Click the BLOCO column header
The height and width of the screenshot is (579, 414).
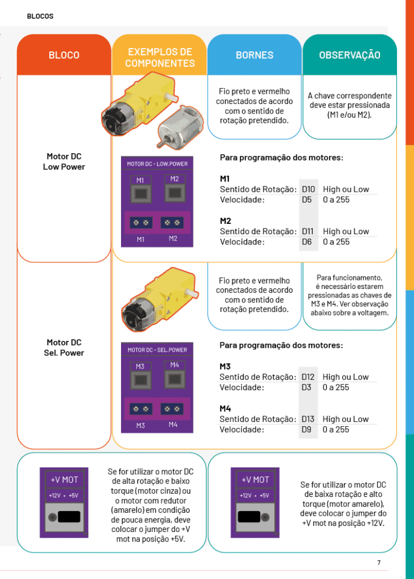tap(64, 55)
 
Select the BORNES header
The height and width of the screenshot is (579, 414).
tap(255, 55)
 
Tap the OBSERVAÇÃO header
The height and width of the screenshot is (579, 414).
tap(350, 55)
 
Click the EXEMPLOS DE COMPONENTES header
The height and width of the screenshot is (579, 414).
tap(159, 58)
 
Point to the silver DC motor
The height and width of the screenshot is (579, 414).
tap(180, 127)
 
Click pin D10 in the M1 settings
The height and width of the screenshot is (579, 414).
tap(308, 189)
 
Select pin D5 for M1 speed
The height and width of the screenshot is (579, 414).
tap(307, 200)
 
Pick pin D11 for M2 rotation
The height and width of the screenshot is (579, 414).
tap(308, 231)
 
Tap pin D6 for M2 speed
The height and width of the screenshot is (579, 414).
tap(307, 242)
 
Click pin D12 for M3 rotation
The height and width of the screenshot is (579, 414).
tap(308, 377)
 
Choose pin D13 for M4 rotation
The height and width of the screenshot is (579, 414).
tap(308, 419)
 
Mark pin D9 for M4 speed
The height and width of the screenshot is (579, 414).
tap(307, 430)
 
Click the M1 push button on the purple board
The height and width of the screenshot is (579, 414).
tap(141, 193)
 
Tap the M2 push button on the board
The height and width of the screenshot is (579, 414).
tap(175, 192)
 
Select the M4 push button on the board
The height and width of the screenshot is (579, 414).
tap(175, 379)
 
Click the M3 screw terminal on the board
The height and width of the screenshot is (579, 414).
tap(141, 409)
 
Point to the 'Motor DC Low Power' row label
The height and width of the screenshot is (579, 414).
tap(64, 162)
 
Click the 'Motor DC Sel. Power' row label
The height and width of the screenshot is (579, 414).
tap(64, 348)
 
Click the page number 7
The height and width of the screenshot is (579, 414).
tap(379, 563)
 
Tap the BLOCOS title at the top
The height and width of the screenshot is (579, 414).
tap(40, 16)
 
